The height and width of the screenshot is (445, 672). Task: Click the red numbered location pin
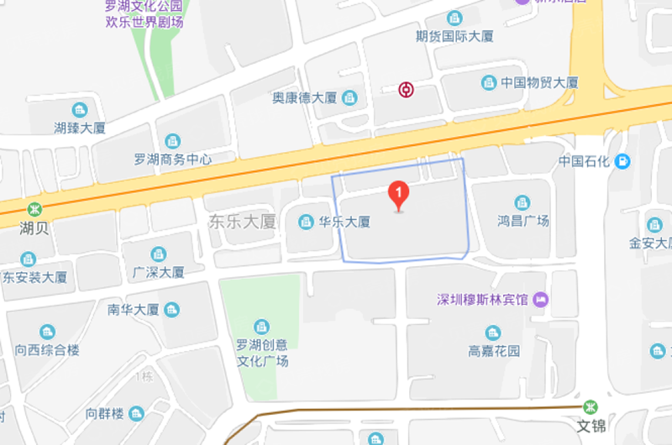coord(399,195)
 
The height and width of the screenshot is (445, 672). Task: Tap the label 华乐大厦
coord(345,222)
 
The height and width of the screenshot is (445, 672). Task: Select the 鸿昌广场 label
coord(522,221)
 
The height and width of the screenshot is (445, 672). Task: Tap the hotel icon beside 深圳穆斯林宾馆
coord(542,299)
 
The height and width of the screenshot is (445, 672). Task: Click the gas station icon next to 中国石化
coord(622,160)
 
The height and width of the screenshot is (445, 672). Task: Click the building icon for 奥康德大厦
coord(349,98)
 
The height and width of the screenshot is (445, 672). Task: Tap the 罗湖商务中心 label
coord(173,159)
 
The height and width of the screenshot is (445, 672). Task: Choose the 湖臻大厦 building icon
coord(79,110)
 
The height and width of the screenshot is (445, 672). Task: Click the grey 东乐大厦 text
coord(242,222)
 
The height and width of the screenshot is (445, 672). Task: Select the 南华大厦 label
coord(134,309)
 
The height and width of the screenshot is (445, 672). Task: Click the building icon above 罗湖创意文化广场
coord(262,326)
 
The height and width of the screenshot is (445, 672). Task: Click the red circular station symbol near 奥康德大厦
coord(407,89)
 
